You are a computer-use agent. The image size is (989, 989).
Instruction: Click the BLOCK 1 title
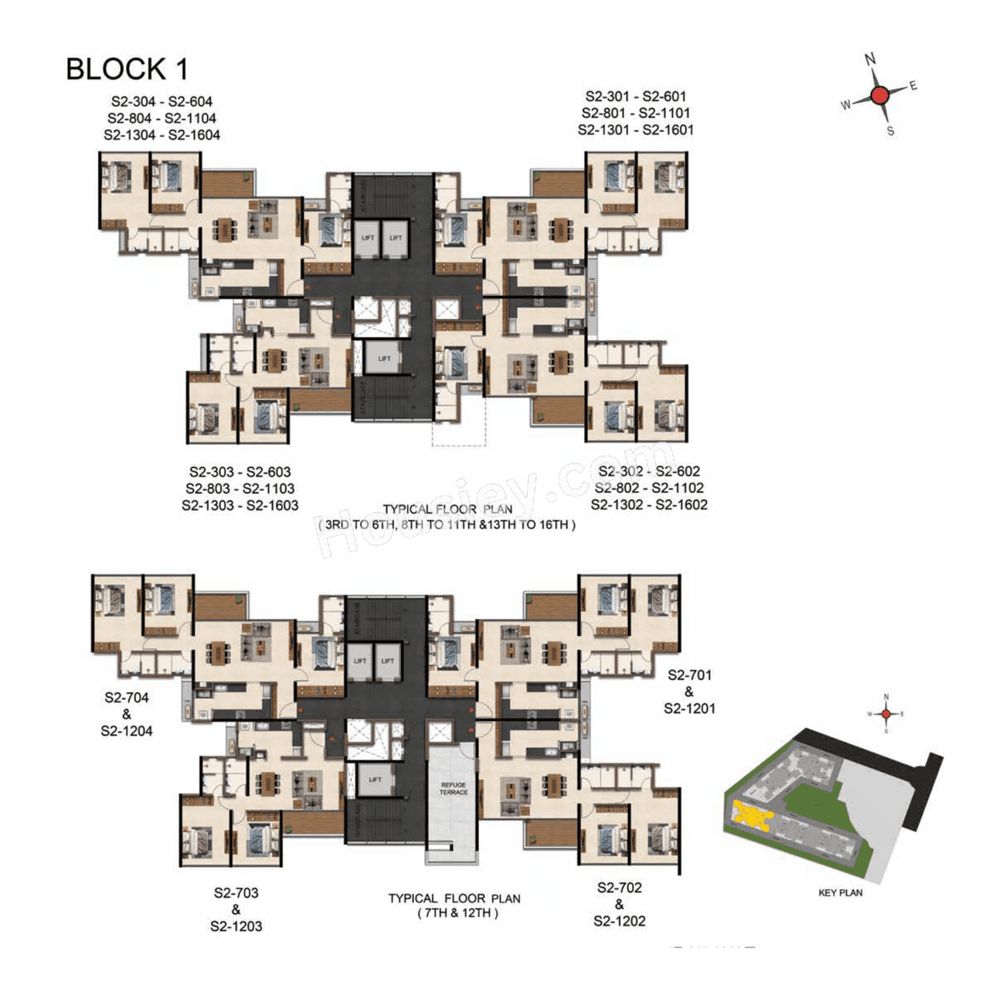coord(127,69)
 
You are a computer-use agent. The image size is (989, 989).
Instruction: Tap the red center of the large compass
coord(879,96)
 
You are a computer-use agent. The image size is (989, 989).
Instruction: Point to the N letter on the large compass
coord(870,59)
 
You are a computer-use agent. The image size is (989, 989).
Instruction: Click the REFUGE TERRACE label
coord(454,788)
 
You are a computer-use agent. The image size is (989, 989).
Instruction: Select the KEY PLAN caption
coord(840,892)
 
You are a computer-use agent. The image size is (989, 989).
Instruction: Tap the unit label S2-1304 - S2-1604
coord(161,135)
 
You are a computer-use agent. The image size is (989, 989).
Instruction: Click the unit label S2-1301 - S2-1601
coord(635,130)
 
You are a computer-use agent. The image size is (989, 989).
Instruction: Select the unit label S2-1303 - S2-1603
coord(240,505)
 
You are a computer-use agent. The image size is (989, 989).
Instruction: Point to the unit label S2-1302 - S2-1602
coord(649,505)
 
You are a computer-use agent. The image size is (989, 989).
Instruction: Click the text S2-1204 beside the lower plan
coord(127,731)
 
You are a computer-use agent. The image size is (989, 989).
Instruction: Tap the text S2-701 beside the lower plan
coord(689,675)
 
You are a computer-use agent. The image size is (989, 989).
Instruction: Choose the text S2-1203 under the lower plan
coord(236,926)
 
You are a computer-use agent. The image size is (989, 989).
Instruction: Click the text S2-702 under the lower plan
coord(619,888)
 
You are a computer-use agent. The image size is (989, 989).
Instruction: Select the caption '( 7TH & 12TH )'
coord(454,913)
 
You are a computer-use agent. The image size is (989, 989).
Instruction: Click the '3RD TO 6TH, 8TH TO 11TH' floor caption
coord(446,525)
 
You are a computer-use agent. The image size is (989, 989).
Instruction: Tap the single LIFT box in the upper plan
coord(384,359)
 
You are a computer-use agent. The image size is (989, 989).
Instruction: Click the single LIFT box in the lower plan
coord(376,780)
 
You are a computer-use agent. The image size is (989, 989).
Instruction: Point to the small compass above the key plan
coord(886,713)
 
